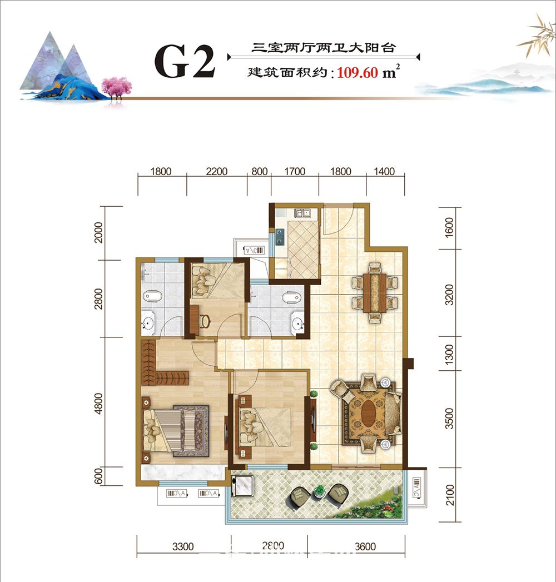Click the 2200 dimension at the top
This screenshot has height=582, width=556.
[x=216, y=172]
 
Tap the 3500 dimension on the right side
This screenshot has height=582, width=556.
[x=450, y=419]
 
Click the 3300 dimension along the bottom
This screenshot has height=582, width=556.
[x=183, y=546]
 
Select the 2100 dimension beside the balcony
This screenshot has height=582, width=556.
[x=450, y=495]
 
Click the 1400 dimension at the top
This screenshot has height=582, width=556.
[x=384, y=172]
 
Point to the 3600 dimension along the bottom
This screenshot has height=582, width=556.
[x=365, y=546]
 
